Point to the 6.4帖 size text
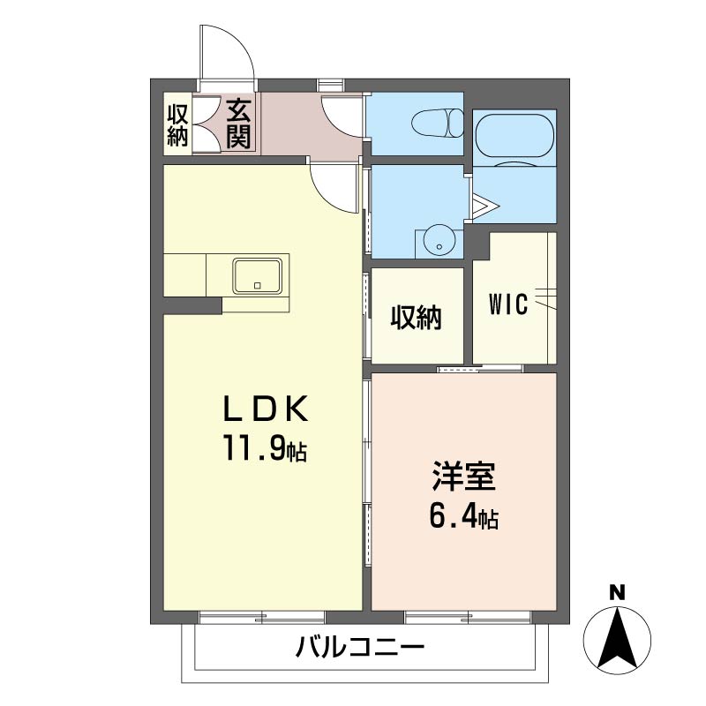463,518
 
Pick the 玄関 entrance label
238,124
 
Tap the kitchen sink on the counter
259,275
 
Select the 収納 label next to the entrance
178,124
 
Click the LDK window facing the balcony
263,616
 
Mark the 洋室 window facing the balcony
468,616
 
